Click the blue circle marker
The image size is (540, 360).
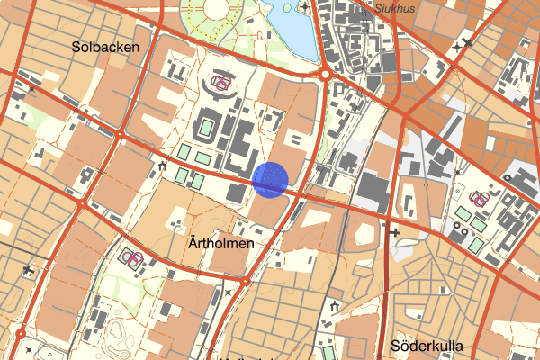click(271, 179)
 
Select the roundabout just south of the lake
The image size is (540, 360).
click(324, 74)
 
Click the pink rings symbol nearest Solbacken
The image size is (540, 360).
click(220, 84)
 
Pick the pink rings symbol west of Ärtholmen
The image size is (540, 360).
click(132, 259)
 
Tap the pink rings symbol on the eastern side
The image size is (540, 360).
click(481, 198)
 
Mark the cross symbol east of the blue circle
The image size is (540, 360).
click(395, 232)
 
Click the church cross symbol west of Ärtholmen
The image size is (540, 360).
click(30, 268)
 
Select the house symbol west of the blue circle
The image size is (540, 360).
click(163, 166)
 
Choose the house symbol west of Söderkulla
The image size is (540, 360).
click(335, 307)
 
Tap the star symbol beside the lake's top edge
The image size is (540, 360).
click(305, 7)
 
